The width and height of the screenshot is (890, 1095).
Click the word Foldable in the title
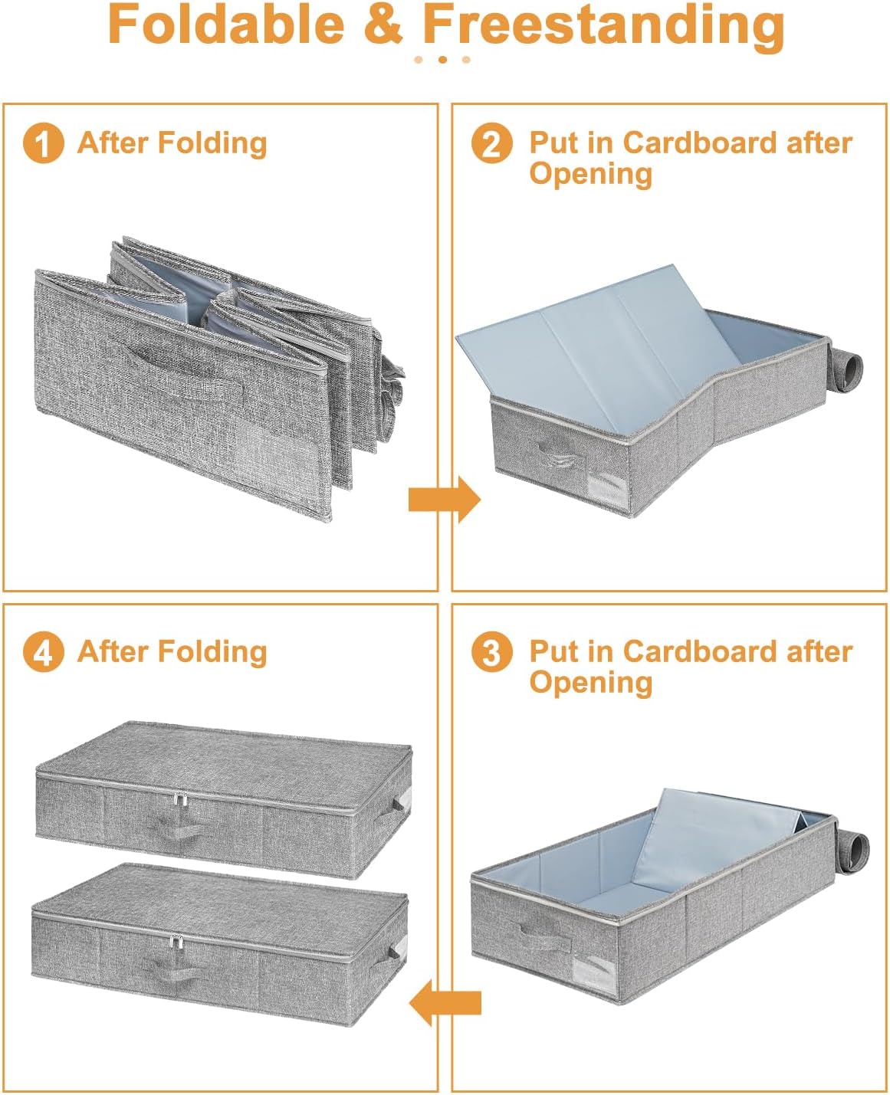[226, 25]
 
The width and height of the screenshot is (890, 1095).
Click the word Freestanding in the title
[603, 28]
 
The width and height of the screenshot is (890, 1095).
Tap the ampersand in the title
[383, 25]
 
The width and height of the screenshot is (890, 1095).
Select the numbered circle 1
[43, 143]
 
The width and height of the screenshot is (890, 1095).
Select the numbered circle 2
[492, 143]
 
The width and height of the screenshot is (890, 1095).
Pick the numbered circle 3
[492, 652]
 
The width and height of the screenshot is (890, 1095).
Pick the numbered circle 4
[43, 652]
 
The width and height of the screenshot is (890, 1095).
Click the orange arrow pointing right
[444, 499]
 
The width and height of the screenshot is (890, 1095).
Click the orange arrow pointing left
[445, 1002]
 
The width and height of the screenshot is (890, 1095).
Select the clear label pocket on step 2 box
[607, 486]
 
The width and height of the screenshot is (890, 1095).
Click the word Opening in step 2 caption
[591, 174]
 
